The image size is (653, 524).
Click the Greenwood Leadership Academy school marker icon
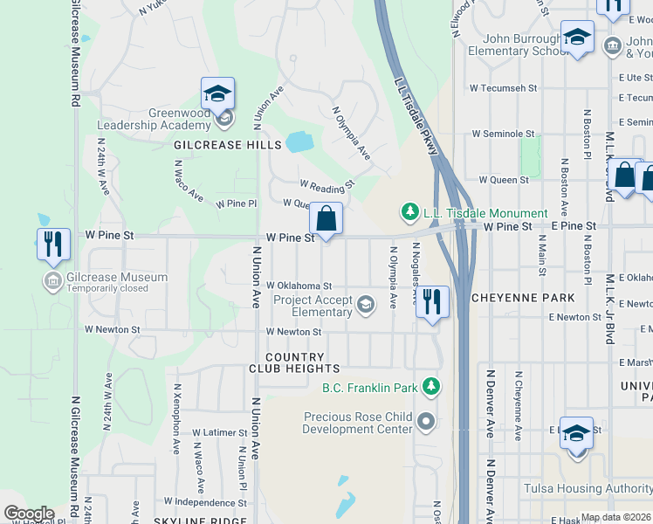[217, 95]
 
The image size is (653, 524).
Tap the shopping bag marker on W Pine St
[326, 219]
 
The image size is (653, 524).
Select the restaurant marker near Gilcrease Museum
[53, 244]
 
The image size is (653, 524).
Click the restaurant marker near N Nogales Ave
[431, 302]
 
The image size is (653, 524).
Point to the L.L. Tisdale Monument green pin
[409, 212]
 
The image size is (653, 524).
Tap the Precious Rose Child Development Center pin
[426, 423]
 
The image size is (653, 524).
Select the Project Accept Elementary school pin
[366, 304]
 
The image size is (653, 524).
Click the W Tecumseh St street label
[501, 88]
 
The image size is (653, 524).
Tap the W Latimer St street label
[220, 432]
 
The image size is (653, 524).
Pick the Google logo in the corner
[28, 514]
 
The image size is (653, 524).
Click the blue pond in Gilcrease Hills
[299, 141]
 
